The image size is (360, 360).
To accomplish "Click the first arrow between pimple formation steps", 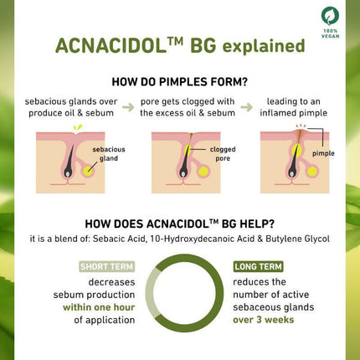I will coord(127,107).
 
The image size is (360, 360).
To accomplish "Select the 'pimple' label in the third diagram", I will coord(321,154).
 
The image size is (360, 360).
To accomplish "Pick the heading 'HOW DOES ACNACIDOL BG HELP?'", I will coord(180,224).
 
